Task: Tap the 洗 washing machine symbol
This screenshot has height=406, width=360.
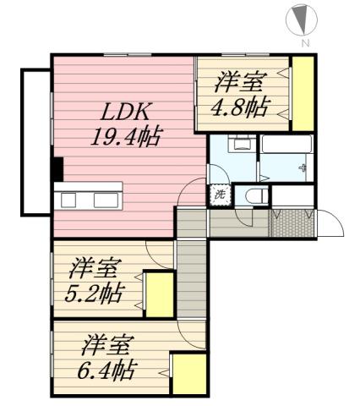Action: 220,194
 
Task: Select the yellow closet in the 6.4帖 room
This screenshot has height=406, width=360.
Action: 190,372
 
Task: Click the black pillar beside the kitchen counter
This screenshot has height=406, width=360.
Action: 57,169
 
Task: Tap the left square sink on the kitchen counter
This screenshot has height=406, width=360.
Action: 69,200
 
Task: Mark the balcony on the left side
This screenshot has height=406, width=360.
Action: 34,140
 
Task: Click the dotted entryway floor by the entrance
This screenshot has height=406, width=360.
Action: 286,222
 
